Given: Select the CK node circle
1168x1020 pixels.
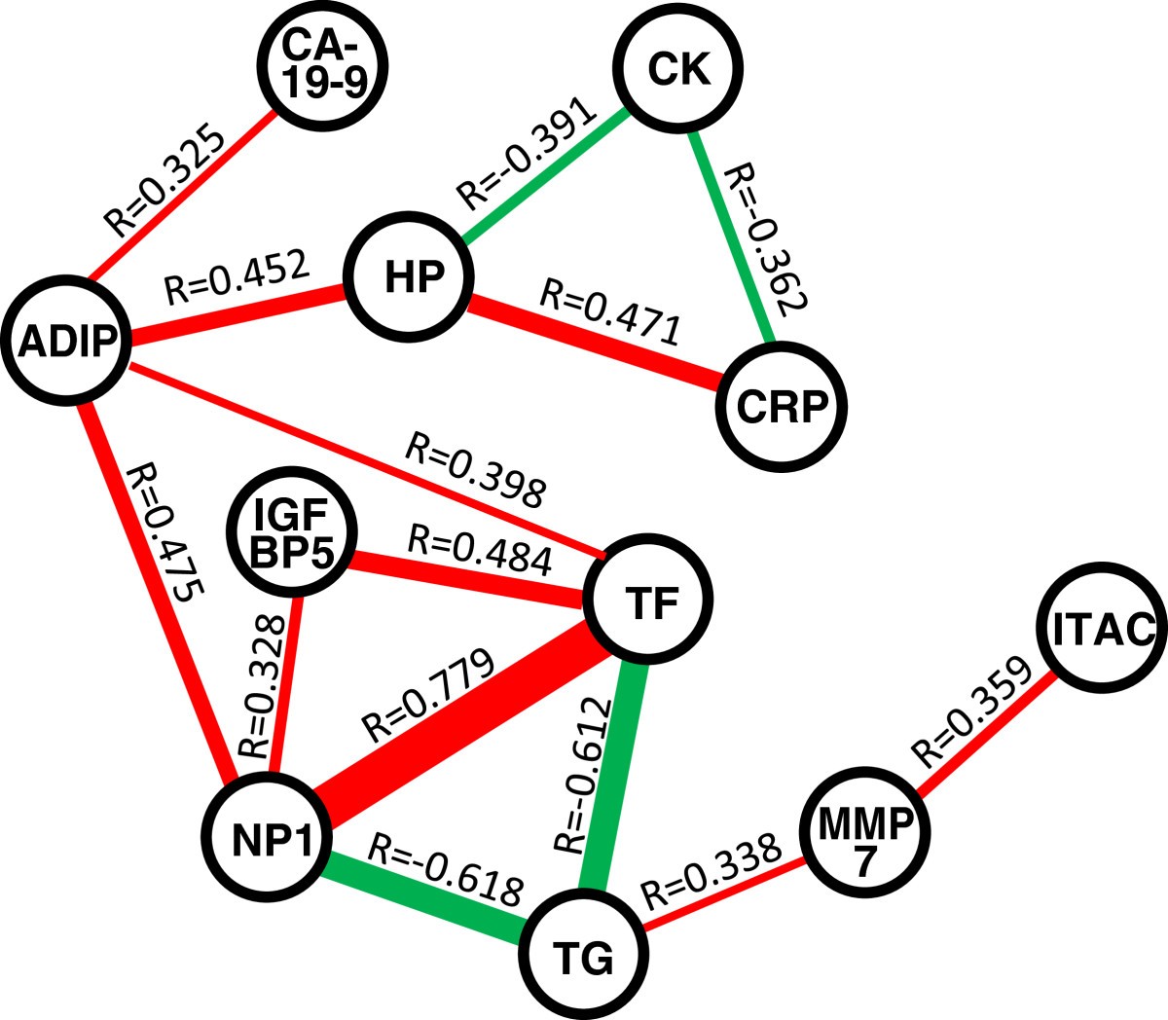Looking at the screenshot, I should (678, 69).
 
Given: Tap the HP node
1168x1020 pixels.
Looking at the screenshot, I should (414, 277).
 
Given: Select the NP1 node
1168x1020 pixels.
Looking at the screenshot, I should (268, 840).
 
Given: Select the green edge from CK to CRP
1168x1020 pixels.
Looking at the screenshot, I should (732, 239).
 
